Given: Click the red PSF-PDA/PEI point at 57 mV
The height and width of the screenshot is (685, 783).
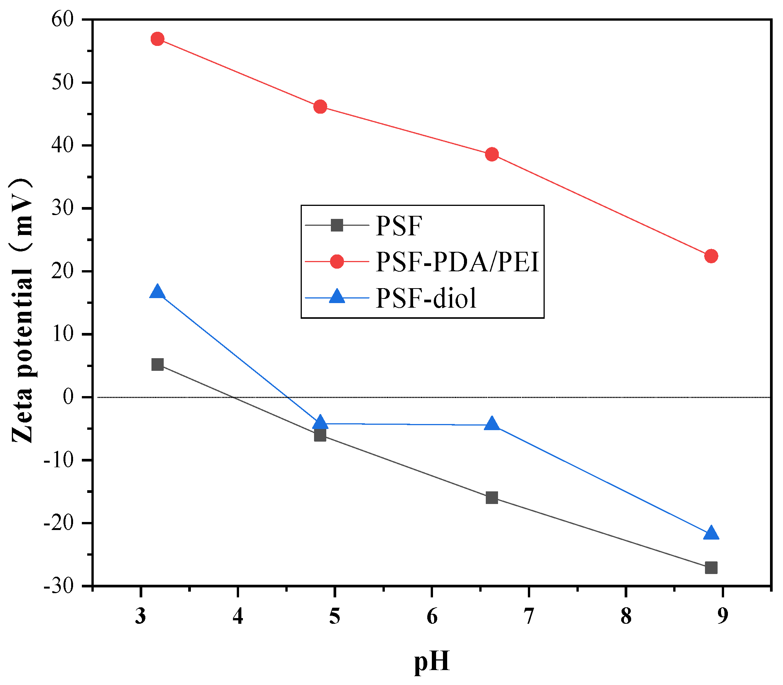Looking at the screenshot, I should [158, 39].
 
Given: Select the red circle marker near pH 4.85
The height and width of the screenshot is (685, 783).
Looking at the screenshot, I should [320, 107].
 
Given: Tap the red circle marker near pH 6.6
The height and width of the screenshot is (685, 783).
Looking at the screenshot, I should [492, 154].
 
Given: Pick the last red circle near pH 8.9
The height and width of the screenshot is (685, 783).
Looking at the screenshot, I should [711, 256].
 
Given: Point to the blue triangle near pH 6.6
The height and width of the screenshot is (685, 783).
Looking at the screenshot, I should [492, 424].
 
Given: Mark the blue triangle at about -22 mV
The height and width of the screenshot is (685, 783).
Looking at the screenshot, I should [711, 533].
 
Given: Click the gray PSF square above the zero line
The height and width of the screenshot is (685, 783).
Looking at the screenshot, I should [158, 364].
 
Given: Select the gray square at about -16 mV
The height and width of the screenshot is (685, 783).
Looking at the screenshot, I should [492, 497].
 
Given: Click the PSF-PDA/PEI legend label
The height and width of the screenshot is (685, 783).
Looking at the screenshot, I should [457, 262].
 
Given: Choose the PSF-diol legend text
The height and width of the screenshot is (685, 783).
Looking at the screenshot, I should [426, 298].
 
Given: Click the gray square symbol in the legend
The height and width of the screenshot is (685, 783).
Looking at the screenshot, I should [337, 225].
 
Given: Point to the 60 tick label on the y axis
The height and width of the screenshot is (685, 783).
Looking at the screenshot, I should [62, 19].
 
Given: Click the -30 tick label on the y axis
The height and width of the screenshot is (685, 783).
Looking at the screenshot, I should [58, 586].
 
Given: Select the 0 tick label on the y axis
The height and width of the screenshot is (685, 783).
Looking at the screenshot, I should [68, 397].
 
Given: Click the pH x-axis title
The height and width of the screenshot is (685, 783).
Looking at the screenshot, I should [431, 661].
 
